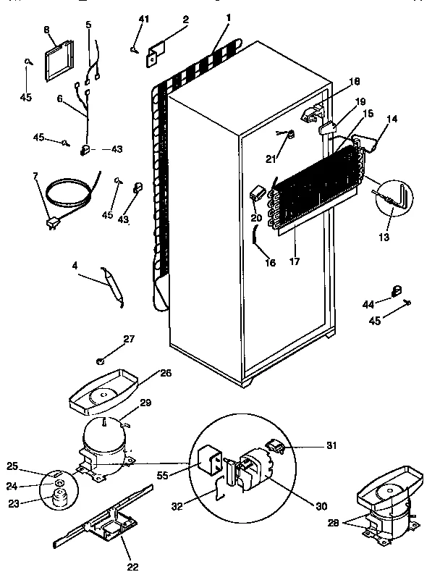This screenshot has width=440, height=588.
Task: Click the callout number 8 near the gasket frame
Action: (x=48, y=30)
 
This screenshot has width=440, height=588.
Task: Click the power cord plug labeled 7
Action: (x=52, y=224)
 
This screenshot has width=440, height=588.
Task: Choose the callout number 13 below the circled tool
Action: (x=384, y=238)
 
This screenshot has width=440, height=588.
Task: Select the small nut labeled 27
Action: (x=101, y=359)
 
